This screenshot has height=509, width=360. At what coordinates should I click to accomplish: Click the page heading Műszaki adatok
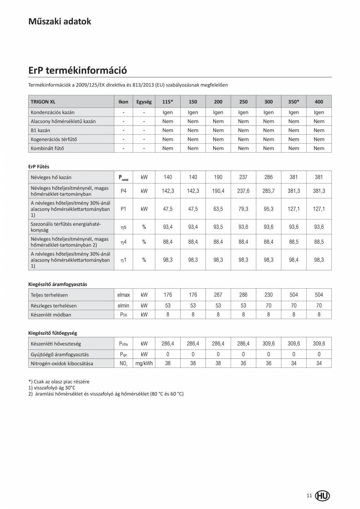pos(59,22)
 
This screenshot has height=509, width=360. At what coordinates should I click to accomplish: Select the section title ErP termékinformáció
pos(77,70)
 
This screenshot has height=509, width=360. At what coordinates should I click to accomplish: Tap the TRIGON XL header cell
pos(43,102)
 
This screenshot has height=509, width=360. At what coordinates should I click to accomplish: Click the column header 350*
pos(293,102)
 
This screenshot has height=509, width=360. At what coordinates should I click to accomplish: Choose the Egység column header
pos(144,102)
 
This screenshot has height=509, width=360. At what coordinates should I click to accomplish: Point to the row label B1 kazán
pos(40,130)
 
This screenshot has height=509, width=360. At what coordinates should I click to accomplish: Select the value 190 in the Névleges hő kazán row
pos(218,177)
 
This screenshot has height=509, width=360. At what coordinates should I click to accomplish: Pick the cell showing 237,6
pos(243,191)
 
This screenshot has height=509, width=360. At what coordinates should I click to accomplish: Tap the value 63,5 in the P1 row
pos(218,209)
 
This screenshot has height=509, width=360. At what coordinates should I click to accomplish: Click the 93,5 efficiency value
pos(218,227)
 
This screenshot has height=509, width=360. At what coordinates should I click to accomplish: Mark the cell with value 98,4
pos(293,260)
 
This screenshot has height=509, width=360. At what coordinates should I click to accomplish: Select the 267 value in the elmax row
pos(218,295)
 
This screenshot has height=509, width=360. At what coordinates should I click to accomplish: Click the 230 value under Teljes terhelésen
pos(268,295)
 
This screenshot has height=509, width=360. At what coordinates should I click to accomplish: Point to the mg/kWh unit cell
pos(144,363)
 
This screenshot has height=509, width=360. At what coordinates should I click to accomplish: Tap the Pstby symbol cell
pos(123,344)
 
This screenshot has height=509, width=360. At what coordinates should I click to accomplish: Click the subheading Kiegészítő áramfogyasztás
pos(58,284)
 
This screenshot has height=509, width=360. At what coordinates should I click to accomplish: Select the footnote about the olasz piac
pos(59,381)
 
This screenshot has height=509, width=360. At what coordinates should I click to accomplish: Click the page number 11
pos(309,496)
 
